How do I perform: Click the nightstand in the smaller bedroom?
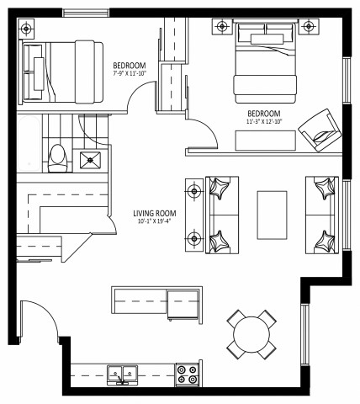[27, 29]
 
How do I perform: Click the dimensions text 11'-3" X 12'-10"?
[263, 123]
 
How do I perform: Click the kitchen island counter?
[156, 301]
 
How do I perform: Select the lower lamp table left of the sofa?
[193, 236]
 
